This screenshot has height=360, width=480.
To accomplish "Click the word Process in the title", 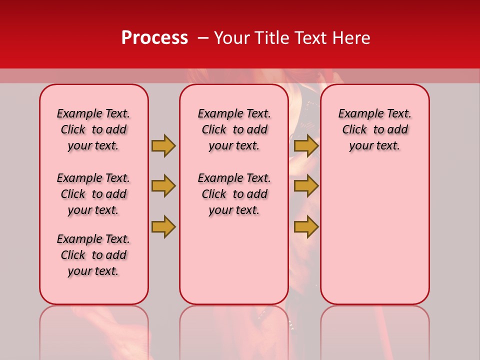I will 154,38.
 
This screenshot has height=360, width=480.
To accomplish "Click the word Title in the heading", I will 273,38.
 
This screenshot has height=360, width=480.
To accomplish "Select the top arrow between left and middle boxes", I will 163,145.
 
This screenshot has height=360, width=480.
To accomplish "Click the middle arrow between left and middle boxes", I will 163,186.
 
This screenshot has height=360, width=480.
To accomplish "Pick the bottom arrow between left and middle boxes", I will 163,226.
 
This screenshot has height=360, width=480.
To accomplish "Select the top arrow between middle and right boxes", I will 306,145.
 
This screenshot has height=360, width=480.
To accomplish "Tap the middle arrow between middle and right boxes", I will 306,186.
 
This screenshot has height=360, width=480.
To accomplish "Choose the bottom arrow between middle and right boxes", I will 306,226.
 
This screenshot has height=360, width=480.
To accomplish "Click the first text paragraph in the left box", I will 93,129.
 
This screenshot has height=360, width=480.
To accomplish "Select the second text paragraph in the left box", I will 93,194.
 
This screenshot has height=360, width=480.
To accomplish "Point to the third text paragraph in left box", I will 93,255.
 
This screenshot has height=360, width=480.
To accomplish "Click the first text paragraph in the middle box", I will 234,129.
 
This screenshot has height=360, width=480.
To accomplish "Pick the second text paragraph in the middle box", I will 234,194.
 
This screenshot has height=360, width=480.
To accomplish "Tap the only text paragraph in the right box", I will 374,129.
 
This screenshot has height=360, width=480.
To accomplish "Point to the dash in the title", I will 202,38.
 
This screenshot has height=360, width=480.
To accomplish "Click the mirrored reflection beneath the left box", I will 94,330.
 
